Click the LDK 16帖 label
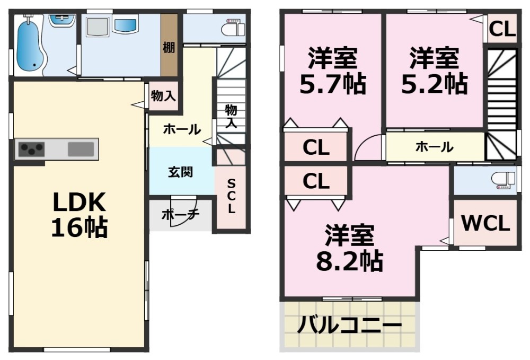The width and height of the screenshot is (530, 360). (79, 214)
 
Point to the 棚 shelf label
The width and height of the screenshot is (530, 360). (169, 47)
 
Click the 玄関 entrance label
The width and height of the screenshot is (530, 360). (181, 172)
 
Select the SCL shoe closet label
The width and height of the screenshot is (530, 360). (231, 196)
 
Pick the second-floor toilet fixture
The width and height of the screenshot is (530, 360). (503, 180)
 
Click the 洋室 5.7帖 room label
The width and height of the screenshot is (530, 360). (333, 71)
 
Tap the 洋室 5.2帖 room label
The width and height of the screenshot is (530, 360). (434, 71)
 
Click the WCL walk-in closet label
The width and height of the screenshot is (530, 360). (485, 224)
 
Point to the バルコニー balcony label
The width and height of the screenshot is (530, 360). (348, 325)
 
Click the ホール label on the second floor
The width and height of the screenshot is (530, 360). (434, 147)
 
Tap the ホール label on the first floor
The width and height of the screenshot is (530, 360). (182, 129)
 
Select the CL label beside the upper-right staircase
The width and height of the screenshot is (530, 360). (501, 29)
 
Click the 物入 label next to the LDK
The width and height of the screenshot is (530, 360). (163, 96)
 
